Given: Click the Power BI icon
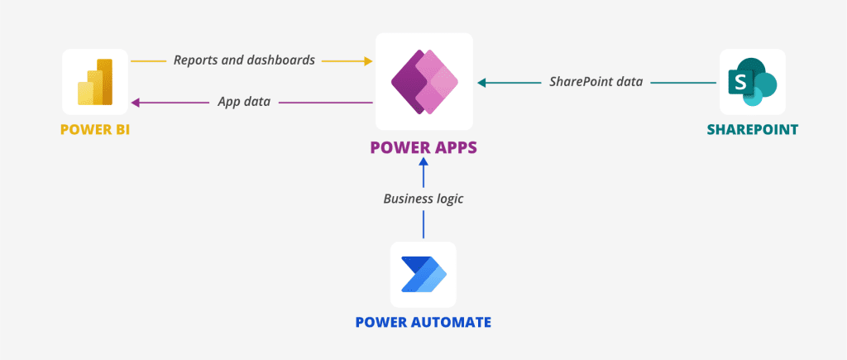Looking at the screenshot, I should coord(95,82).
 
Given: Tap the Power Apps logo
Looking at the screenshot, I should coord(423,81).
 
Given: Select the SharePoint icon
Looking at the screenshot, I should coord(752,82).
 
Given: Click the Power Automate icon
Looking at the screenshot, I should coord(423,274).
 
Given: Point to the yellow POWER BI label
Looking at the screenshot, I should coord(95,130).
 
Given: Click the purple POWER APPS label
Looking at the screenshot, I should coord(423,149).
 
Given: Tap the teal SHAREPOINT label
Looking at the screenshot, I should coord(752,130).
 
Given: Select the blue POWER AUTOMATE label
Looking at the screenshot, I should coord(423,322).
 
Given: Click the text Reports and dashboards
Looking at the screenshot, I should coord(244,60).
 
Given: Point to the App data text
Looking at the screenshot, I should coord(244,103).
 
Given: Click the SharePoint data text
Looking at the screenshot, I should coord(596,82).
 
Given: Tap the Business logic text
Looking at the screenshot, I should coord(423,199).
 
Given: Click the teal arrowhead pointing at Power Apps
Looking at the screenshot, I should coord(482,82).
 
